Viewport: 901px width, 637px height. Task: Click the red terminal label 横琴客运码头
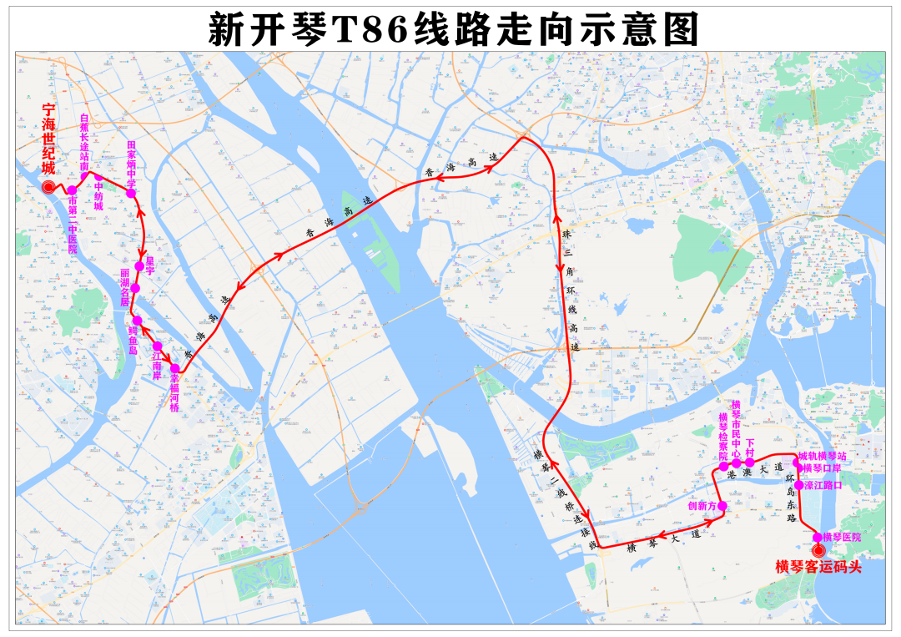(818, 568)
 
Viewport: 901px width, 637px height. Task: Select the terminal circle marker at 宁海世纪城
(49, 187)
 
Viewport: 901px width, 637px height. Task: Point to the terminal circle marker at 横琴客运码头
(818, 550)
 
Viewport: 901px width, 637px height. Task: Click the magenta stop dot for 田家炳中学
(131, 193)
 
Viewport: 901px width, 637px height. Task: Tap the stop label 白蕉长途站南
(84, 141)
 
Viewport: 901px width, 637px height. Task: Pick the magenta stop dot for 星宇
(139, 265)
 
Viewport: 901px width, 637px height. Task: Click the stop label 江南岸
(156, 365)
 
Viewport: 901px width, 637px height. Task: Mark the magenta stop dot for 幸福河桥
(175, 368)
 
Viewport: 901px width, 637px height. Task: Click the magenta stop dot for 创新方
(722, 506)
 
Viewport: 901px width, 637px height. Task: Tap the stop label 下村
(749, 448)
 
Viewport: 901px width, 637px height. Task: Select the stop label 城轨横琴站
(822, 457)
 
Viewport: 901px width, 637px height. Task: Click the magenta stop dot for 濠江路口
(798, 485)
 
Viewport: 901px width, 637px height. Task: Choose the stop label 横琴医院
(841, 537)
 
